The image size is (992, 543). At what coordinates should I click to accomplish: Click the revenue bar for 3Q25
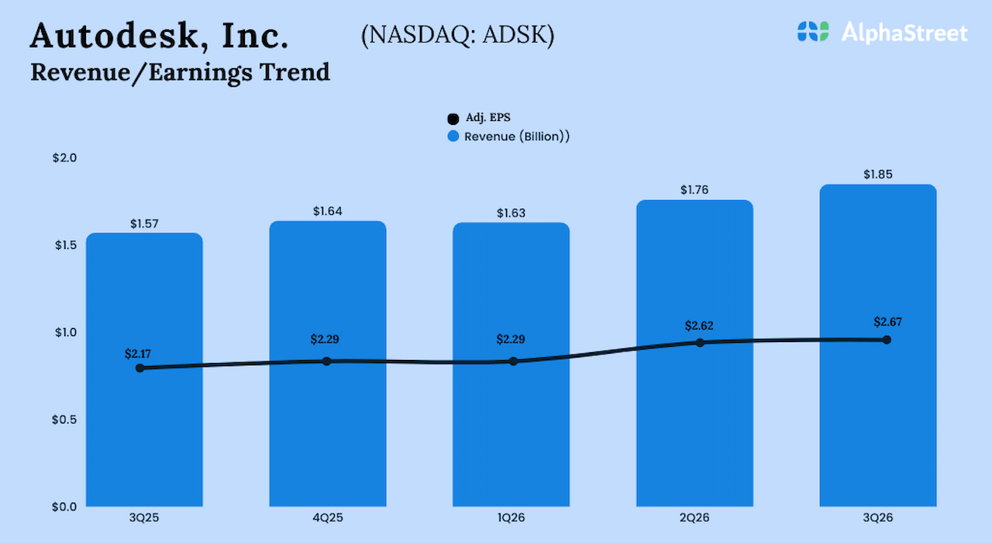(x=144, y=434)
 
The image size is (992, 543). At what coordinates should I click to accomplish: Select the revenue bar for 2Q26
(x=694, y=434)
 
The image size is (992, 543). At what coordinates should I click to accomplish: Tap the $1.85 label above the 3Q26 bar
(x=878, y=175)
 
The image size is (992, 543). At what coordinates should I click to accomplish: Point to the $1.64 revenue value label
(x=328, y=211)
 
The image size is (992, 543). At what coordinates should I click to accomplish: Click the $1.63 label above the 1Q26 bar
(x=511, y=213)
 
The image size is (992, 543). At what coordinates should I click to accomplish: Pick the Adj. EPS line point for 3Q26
(x=887, y=340)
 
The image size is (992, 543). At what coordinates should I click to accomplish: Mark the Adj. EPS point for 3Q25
(x=139, y=368)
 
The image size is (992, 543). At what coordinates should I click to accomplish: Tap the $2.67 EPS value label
(x=887, y=322)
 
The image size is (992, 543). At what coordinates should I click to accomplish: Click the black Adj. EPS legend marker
(x=453, y=119)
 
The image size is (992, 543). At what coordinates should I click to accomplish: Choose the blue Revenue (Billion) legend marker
(x=453, y=137)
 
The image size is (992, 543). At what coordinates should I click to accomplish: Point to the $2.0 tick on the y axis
(x=65, y=158)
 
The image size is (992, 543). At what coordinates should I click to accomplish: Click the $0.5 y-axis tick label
(x=65, y=420)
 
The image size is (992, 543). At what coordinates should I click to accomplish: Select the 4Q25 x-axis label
(x=328, y=517)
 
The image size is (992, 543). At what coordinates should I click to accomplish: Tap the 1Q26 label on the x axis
(x=511, y=517)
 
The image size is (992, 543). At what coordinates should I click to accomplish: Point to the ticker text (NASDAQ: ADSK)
(x=457, y=36)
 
